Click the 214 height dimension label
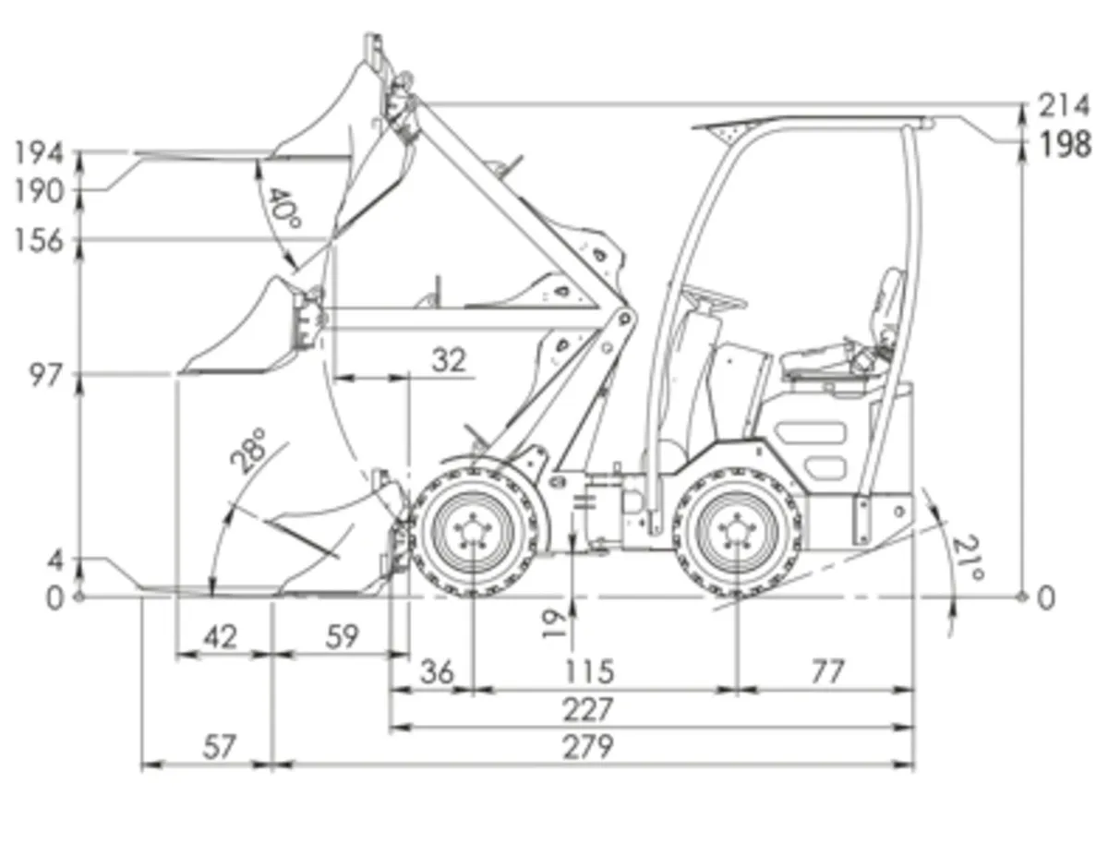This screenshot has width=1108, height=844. [x=1064, y=105]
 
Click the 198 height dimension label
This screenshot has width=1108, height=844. [x=1065, y=145]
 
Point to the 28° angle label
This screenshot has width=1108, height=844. [x=248, y=451]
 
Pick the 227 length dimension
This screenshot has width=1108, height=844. [x=588, y=709]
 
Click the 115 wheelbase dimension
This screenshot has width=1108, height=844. [x=588, y=671]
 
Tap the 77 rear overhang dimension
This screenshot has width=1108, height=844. [x=826, y=671]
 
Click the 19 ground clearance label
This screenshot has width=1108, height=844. [x=555, y=624]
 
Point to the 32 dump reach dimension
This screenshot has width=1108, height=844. [x=449, y=359]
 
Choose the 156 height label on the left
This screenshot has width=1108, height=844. [x=40, y=241]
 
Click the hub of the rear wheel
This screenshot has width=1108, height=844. [x=737, y=533]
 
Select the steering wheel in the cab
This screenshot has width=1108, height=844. [x=713, y=296]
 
